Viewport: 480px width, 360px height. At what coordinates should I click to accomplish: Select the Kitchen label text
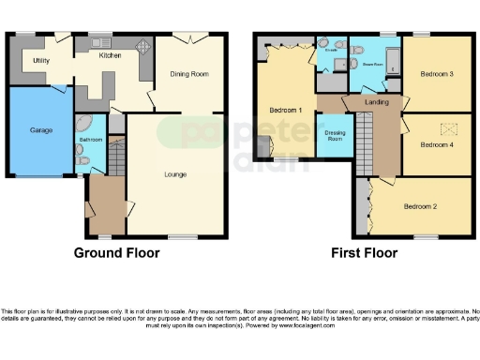point(111,56)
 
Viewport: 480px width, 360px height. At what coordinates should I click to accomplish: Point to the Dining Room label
point(188,73)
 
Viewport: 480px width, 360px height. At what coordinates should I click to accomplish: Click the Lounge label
point(174,174)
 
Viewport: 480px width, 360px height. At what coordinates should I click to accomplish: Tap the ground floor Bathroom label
point(91,141)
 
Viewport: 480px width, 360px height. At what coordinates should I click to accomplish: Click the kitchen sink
point(98,43)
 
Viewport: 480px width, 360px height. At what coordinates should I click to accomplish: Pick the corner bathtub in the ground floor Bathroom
point(82,125)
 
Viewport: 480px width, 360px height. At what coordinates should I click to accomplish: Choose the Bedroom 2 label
point(421,206)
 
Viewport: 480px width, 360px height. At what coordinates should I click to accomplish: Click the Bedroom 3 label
point(437,73)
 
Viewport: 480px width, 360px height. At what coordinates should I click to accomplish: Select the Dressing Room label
point(335,136)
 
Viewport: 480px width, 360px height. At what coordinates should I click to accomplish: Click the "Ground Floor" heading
point(116,253)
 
